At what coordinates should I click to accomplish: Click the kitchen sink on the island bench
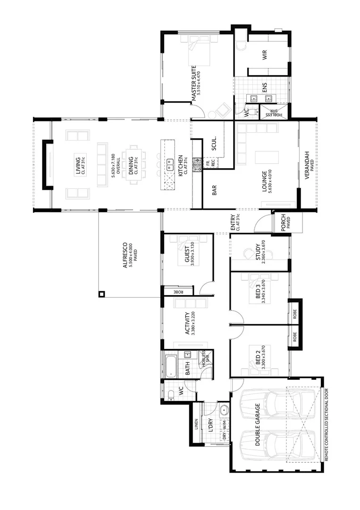point(169,164)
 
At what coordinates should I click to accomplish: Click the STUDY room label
point(258,252)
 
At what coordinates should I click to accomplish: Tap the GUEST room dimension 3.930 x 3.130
point(193,255)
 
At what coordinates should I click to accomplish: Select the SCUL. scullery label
point(213,144)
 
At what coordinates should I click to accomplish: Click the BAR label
point(214,191)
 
